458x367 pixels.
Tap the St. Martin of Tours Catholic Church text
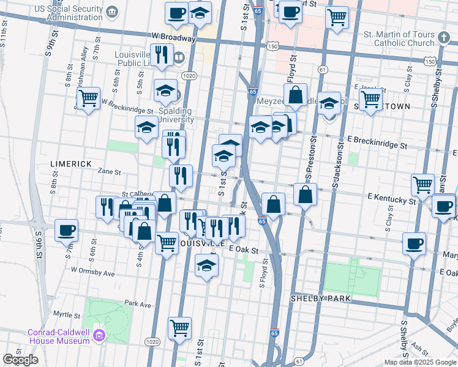[x=399, y=39]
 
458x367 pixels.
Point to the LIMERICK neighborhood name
[x=70, y=164]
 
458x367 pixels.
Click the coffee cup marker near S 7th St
[x=66, y=231]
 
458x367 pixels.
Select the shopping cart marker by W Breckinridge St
[x=89, y=97]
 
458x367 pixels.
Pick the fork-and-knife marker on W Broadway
[x=162, y=54]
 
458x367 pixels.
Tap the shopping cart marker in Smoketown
[x=370, y=98]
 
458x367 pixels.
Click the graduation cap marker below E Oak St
[x=206, y=265]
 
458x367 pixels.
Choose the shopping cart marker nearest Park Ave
[x=179, y=327]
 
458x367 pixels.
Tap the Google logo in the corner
[x=21, y=360]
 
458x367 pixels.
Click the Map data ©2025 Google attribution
[x=420, y=362]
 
